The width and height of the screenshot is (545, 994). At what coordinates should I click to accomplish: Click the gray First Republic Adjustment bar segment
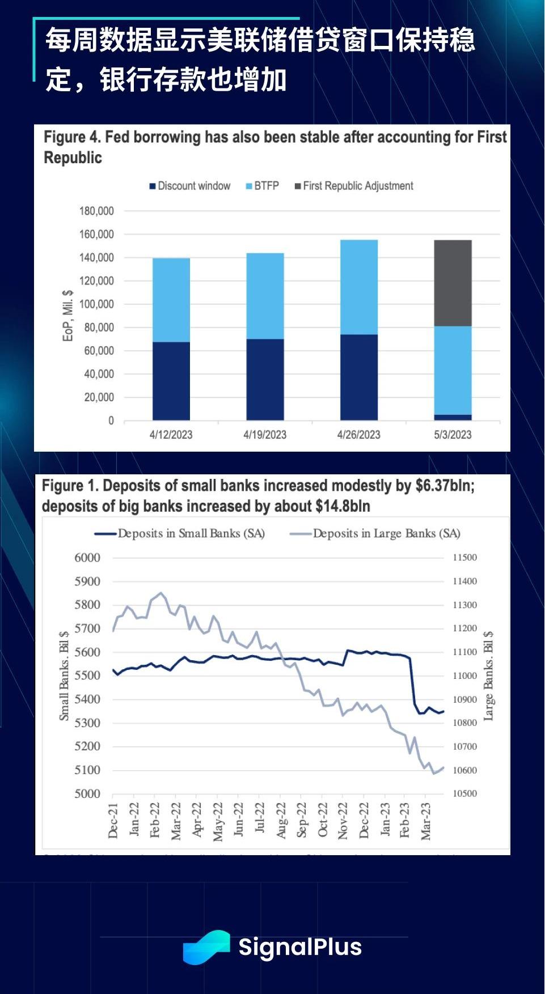pos(453,283)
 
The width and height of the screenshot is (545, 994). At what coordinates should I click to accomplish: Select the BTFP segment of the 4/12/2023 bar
pos(171,300)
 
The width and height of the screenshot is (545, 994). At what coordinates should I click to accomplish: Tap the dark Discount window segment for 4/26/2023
pos(359,377)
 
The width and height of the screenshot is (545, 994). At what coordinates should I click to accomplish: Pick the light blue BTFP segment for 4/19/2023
pos(265,296)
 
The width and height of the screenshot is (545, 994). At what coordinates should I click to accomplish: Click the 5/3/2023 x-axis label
pos(453,435)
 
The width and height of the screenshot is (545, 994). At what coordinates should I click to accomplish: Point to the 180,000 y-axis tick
pos(96,211)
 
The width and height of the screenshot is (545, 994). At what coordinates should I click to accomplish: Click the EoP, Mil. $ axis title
pos(67,316)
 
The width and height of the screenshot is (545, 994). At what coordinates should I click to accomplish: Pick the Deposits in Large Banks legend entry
pos(375,533)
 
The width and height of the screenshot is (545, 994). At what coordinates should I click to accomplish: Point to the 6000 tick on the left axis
pos(87,558)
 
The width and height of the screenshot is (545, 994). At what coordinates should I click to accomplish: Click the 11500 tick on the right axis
pos(464,558)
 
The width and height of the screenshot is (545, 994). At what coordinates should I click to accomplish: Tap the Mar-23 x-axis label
pos(426,821)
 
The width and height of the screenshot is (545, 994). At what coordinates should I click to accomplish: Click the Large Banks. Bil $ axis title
pos(488,676)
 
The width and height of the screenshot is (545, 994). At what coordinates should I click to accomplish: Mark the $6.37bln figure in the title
pos(445,486)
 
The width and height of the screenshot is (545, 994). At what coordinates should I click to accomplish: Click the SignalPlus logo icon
pos(206,947)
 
